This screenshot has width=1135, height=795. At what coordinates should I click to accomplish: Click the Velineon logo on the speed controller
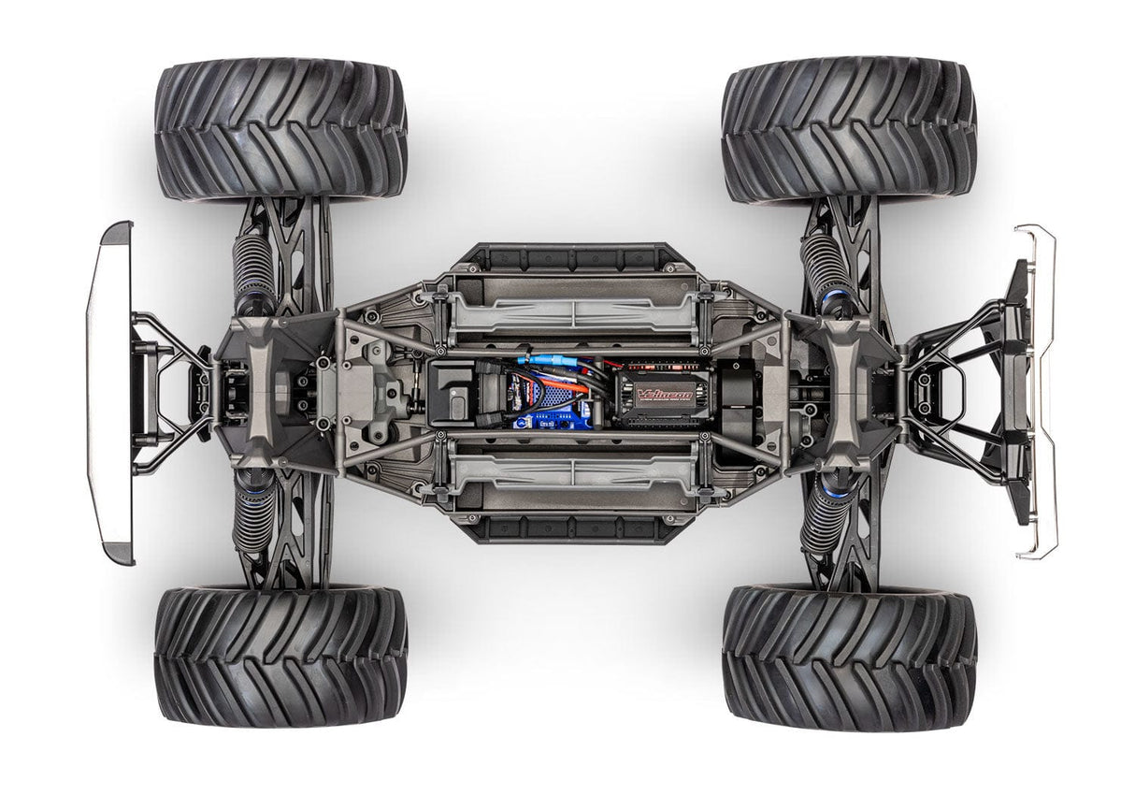pyautogui.click(x=665, y=395)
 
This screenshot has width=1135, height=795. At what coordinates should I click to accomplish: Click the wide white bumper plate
pyautogui.click(x=108, y=393)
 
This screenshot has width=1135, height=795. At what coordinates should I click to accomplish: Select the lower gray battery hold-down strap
pyautogui.click(x=573, y=475)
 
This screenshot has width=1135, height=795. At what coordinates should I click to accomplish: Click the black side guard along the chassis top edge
pyautogui.click(x=571, y=257)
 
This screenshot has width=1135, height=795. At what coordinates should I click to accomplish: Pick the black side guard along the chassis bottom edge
pyautogui.click(x=571, y=529)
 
